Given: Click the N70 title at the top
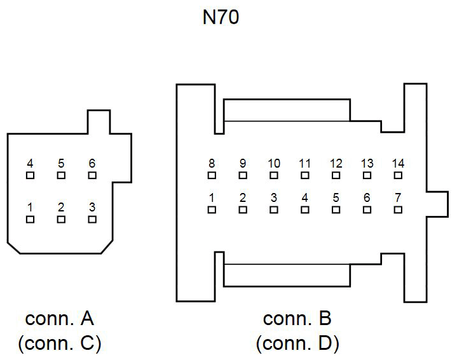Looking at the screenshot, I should (x=220, y=17).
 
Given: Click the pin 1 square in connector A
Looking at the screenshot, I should (x=30, y=220).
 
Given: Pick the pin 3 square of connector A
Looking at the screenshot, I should (x=92, y=220).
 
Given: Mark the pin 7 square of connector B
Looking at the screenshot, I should (x=399, y=210).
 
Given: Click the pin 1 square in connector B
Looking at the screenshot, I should (x=212, y=210).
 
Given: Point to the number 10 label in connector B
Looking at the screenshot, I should (x=274, y=164).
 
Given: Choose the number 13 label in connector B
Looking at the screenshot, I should (x=367, y=164).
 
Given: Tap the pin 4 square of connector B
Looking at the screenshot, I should (x=305, y=210).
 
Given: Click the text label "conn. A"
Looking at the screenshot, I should (x=60, y=318).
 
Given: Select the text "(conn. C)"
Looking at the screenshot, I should (x=60, y=343).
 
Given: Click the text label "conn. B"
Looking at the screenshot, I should (x=297, y=318).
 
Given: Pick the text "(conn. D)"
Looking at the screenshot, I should (x=297, y=343).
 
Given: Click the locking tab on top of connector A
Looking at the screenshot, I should (x=99, y=122).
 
